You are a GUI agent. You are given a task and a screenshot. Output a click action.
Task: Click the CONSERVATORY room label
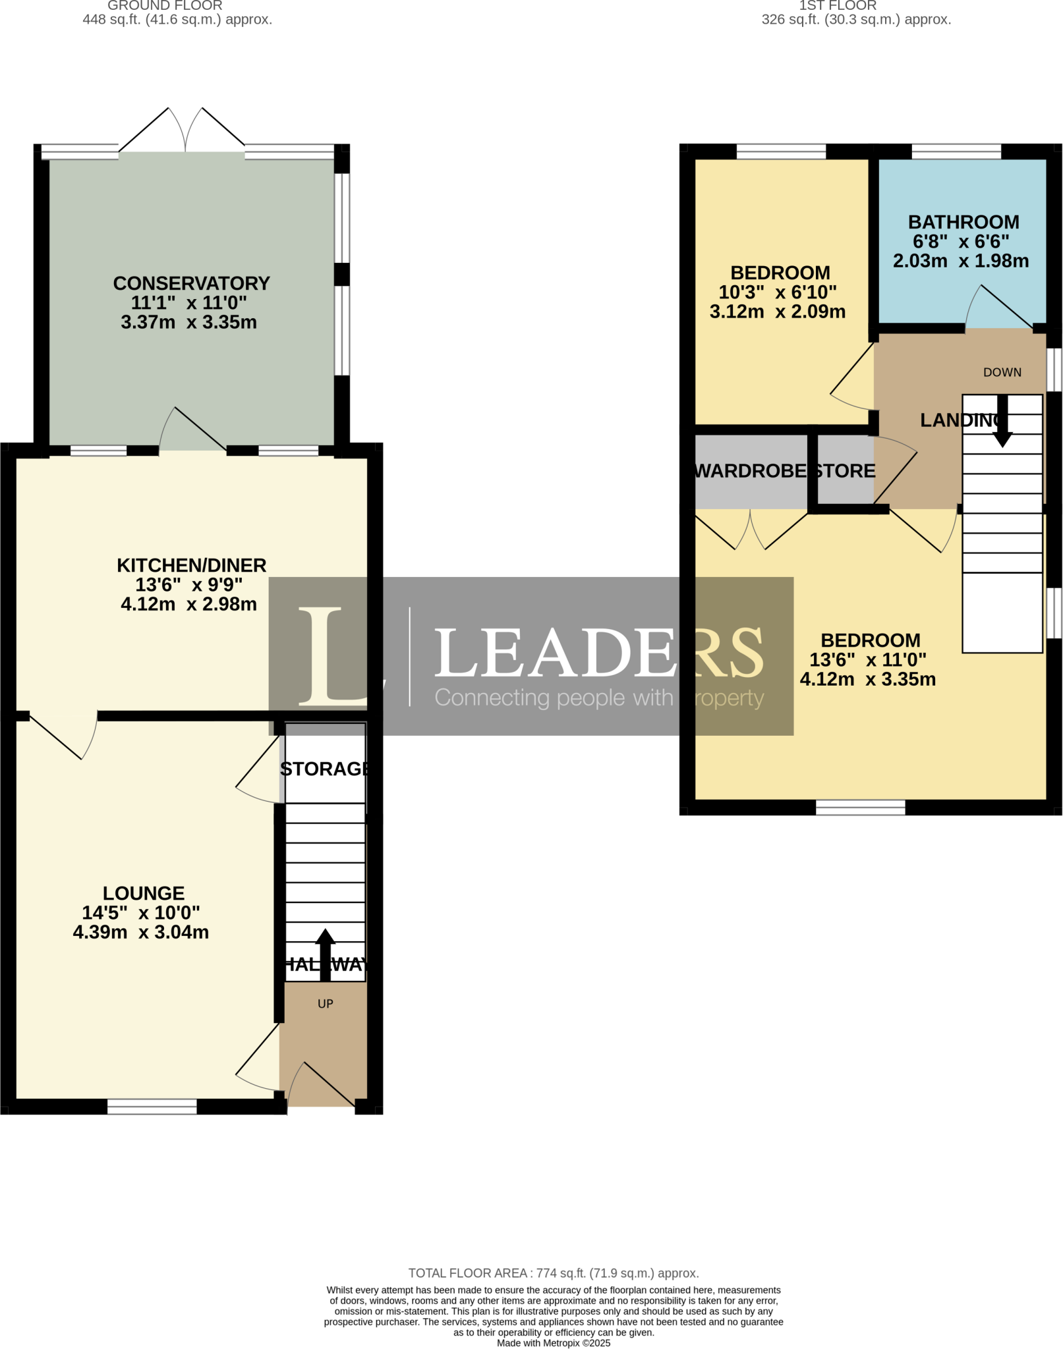click(x=191, y=283)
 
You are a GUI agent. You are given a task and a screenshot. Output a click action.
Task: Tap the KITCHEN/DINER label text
click(x=191, y=565)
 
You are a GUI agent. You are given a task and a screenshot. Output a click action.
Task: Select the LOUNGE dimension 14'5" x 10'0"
click(x=140, y=912)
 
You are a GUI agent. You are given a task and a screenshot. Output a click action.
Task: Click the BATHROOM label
click(x=963, y=222)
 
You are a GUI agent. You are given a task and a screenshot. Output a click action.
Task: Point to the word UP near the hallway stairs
click(x=325, y=1003)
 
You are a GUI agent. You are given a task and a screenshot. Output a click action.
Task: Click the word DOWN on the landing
click(x=1002, y=372)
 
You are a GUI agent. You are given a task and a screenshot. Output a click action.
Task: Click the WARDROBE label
click(x=751, y=471)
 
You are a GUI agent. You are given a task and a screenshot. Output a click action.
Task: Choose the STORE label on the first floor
click(x=846, y=471)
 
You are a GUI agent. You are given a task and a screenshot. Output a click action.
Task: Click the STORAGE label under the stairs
click(x=324, y=769)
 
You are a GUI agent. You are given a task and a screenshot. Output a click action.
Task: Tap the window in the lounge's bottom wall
click(x=152, y=1107)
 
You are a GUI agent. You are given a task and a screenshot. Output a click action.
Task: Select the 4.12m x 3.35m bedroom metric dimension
click(x=867, y=679)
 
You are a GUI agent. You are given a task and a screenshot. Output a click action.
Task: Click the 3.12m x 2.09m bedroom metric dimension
click(x=777, y=312)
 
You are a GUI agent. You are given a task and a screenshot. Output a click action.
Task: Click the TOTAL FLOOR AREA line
click(x=553, y=1273)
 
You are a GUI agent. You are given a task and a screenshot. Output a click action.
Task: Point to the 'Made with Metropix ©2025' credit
click(x=553, y=1342)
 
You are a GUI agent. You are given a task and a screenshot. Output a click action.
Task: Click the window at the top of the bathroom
click(x=956, y=152)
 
